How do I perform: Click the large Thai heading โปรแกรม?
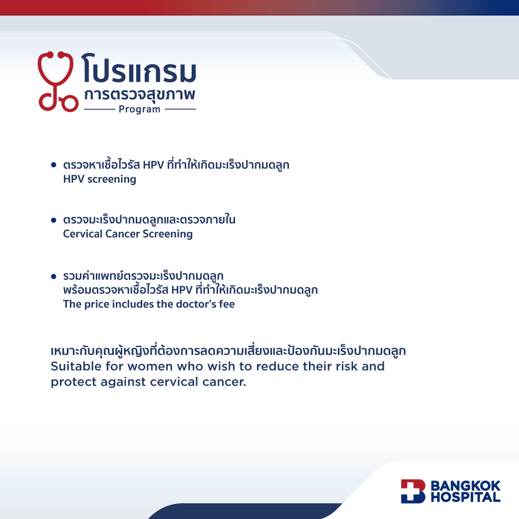139,68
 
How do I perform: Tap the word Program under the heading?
139,109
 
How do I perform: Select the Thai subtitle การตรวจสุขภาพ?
139,94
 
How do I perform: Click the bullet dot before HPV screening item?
53,165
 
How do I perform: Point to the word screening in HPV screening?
112,179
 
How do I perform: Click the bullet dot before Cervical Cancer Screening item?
53,220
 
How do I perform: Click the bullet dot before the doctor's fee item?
53,276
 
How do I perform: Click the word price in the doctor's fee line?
97,304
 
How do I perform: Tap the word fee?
227,304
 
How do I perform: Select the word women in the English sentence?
150,366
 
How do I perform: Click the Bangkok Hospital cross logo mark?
413,491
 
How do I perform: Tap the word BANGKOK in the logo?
466,486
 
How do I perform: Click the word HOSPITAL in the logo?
466,497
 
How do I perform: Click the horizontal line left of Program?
99,109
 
